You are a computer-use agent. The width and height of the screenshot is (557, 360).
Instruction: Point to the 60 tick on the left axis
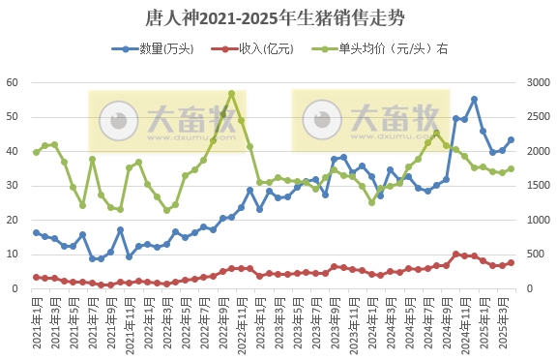pos(13,82)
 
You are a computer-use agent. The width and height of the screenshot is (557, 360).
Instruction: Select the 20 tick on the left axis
pos(13,220)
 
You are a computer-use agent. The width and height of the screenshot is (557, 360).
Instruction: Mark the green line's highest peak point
pos(231,94)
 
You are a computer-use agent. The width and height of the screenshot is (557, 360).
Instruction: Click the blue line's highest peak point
pos(474,99)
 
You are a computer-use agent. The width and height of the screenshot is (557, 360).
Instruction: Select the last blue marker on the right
pos(511,139)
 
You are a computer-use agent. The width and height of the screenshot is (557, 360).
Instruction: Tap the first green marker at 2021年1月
pos(37,152)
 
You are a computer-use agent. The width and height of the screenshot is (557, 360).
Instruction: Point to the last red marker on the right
pos(511,262)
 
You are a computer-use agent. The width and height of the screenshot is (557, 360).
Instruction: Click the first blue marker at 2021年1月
pos(37,232)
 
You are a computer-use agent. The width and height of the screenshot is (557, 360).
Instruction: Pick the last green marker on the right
pos(511,168)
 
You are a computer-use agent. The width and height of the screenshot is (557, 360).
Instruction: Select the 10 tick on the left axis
pos(13,255)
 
